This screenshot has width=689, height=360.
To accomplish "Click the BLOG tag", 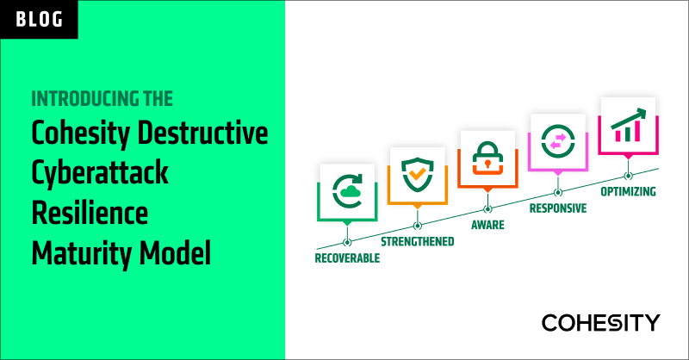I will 39,18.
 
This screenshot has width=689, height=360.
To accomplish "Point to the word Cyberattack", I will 99,173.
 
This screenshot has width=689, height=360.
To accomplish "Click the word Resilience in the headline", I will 88,213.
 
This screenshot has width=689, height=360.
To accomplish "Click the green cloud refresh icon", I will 346,189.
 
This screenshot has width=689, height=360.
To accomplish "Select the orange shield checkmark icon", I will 416,173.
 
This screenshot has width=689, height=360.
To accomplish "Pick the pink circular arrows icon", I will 556,140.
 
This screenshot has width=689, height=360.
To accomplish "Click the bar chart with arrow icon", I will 628,126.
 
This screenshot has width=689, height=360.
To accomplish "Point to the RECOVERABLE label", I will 347,258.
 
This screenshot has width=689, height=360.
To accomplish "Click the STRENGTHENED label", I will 418,241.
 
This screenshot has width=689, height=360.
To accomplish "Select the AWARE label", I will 487,225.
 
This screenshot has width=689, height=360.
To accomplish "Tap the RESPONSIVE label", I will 558,208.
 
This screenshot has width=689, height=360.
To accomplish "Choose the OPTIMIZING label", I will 629,191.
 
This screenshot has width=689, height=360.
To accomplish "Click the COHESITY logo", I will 601,323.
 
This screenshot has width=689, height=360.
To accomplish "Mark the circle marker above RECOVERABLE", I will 347,242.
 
